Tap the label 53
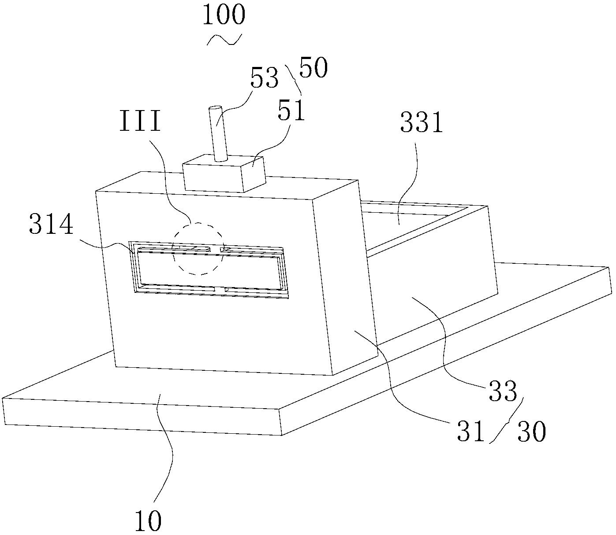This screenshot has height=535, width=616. coord(265,79)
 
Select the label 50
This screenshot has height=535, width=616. coord(313,68)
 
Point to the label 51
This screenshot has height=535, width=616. coord(291,111)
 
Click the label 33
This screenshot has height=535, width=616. coord(503,391)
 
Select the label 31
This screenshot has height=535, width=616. coord(470,432)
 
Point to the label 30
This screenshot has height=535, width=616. coord(531,432)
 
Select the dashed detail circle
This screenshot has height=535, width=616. coord(198,248)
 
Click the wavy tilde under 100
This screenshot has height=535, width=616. coord(224,40)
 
